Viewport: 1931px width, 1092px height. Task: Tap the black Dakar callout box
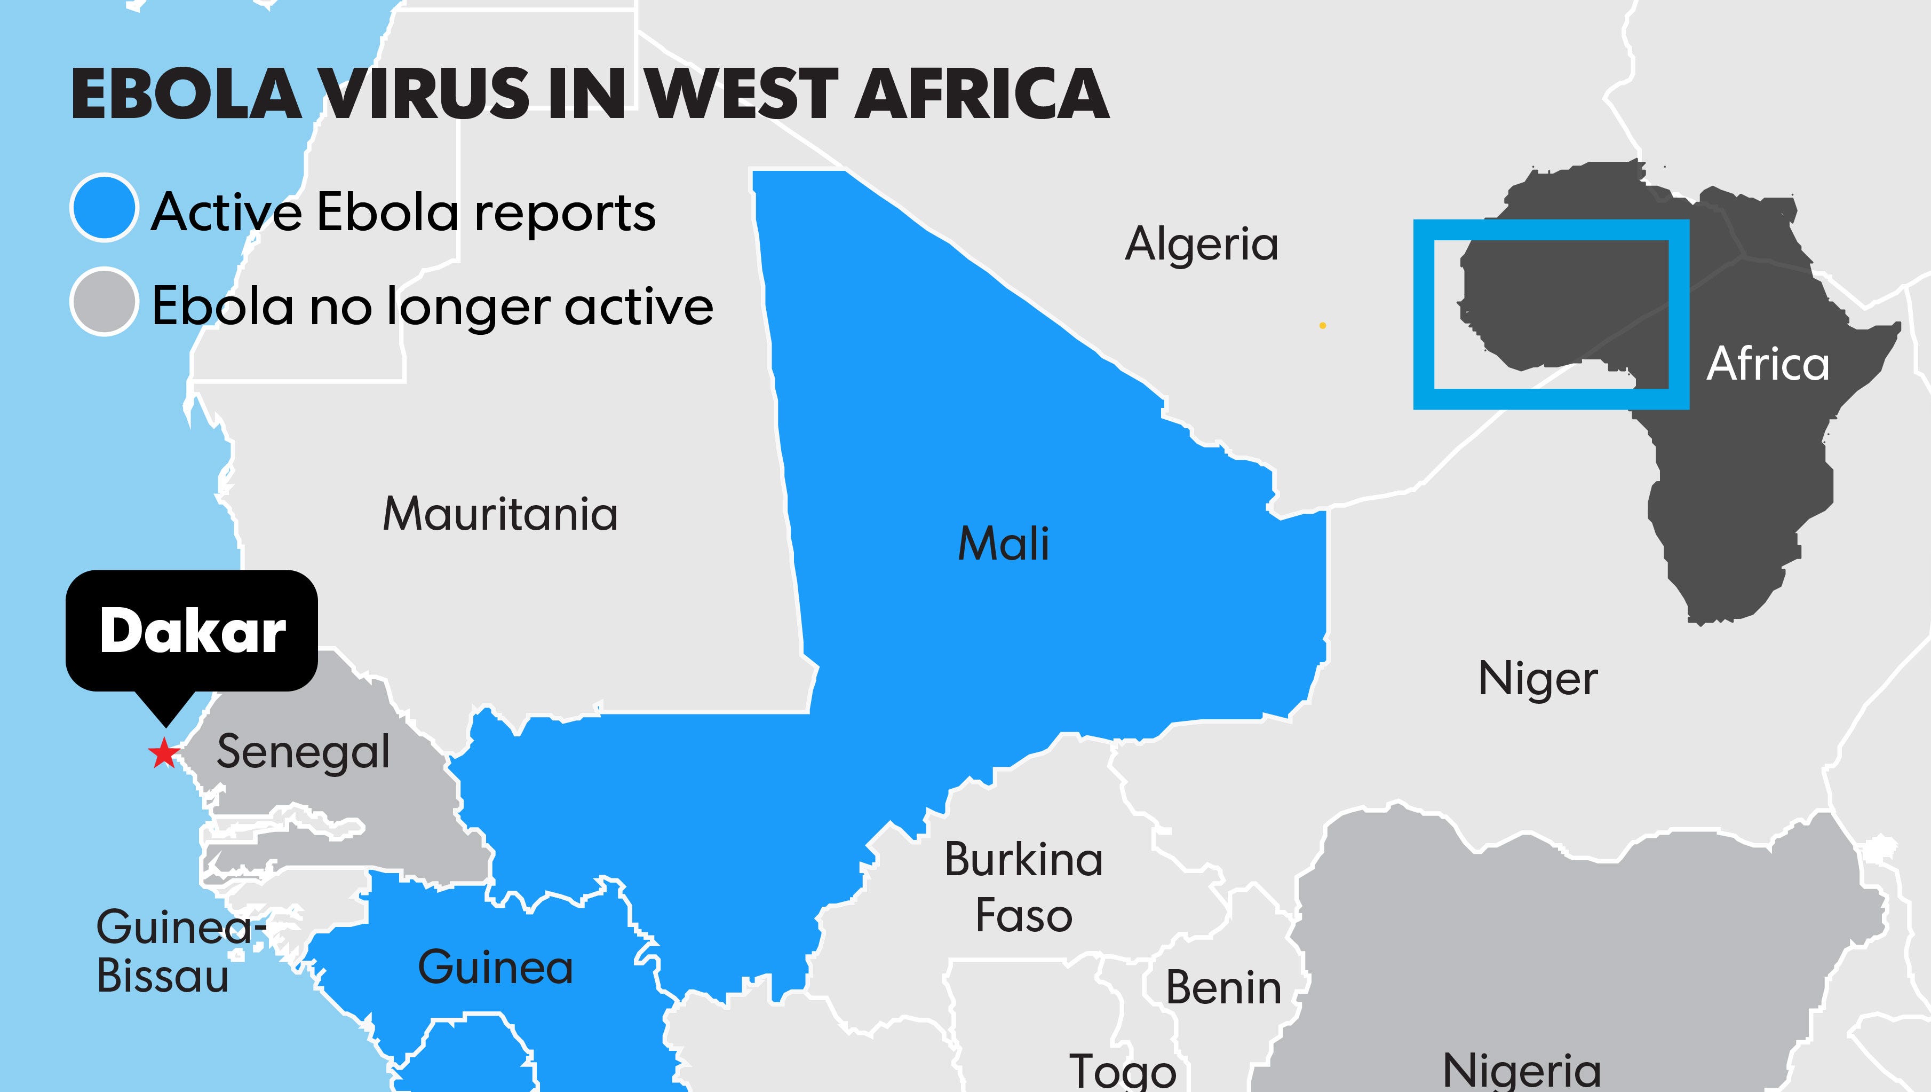click(192, 630)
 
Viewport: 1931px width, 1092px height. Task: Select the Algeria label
click(1202, 245)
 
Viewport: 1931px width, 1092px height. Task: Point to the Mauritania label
click(500, 515)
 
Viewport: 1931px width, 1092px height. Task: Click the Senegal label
click(303, 752)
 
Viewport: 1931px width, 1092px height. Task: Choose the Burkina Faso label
click(1023, 887)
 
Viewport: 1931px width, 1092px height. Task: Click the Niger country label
click(1537, 680)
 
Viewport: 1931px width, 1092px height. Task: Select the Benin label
click(1223, 988)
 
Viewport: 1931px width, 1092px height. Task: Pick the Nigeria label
click(1522, 1071)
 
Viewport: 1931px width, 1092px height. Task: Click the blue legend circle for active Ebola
click(104, 208)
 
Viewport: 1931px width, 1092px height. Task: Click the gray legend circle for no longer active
click(104, 302)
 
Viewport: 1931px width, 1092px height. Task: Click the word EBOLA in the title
click(186, 95)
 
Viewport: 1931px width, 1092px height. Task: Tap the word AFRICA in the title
click(981, 95)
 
